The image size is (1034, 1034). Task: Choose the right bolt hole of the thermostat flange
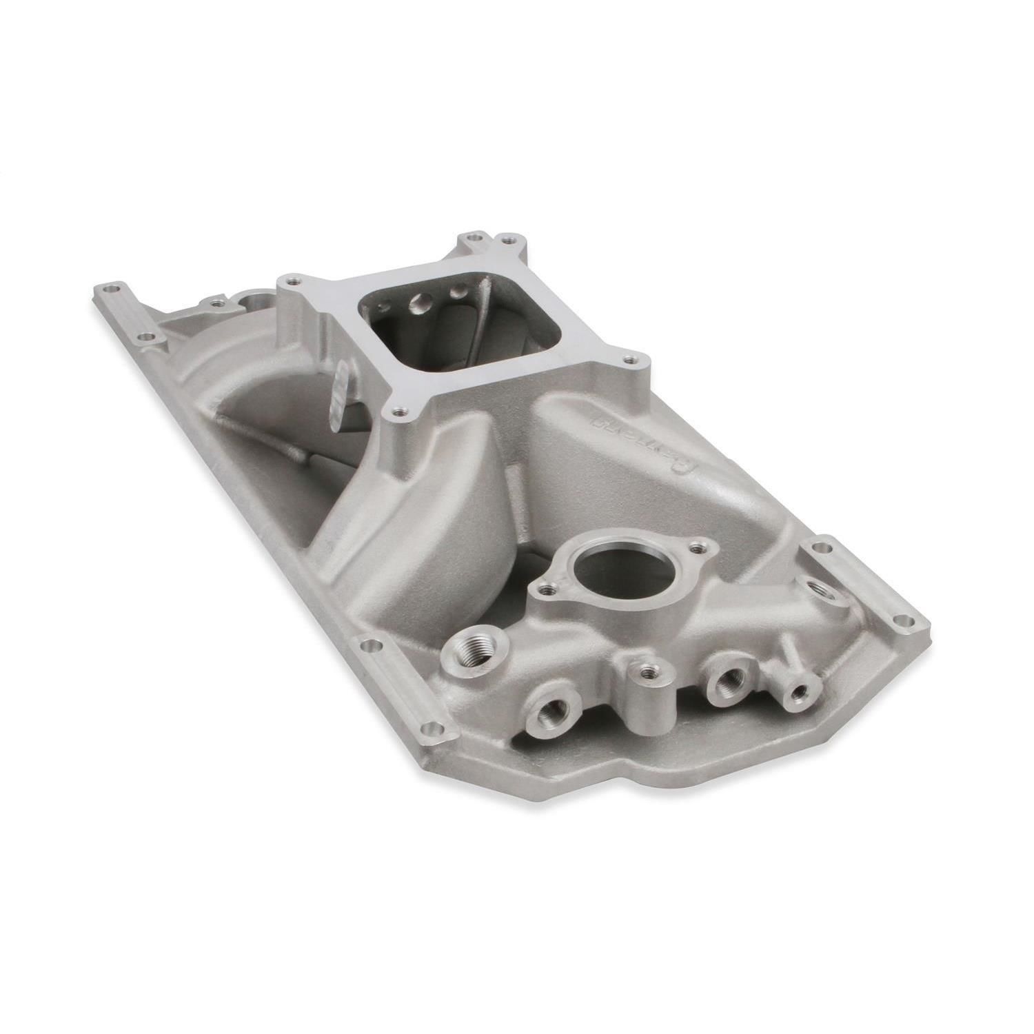(x=702, y=548)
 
